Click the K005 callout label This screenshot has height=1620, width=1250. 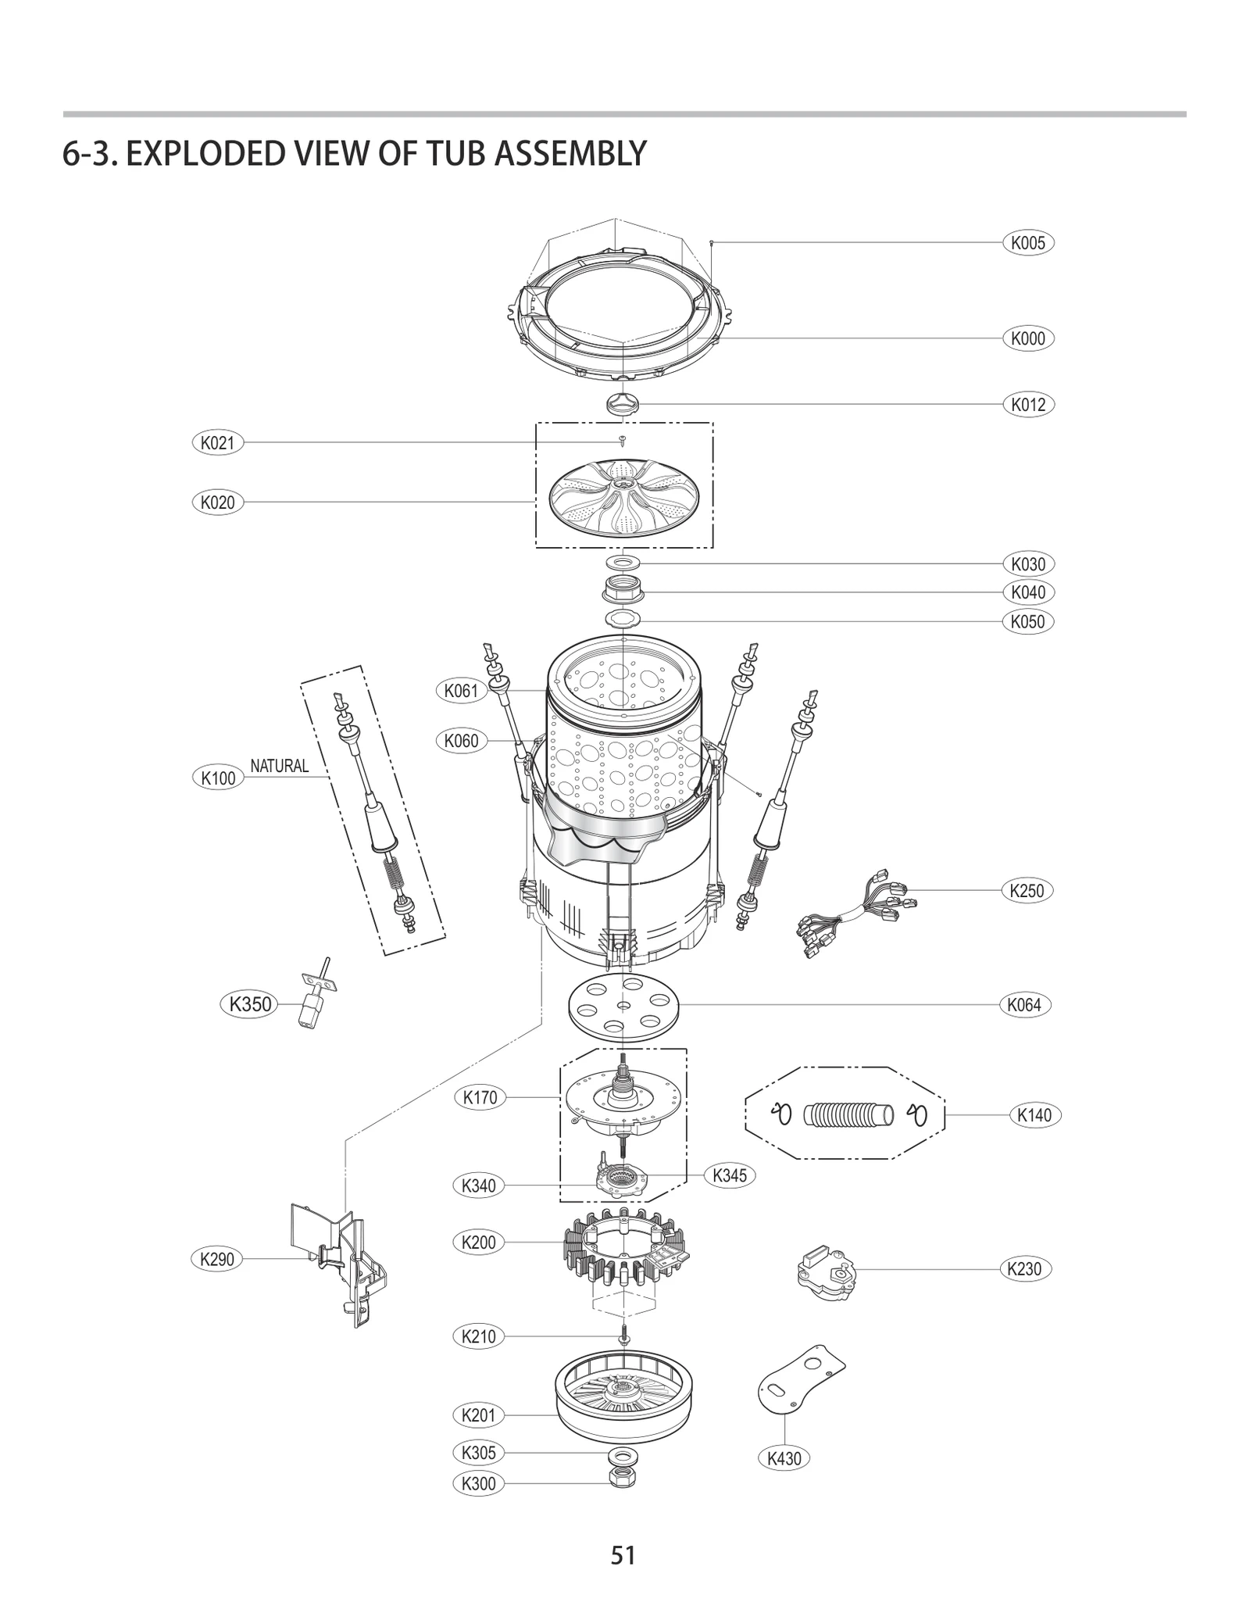click(x=1027, y=243)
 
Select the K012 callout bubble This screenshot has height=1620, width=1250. click(x=1027, y=405)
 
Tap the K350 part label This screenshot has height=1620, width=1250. click(x=249, y=1003)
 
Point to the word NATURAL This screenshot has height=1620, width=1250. click(x=279, y=766)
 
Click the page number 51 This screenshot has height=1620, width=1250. click(x=623, y=1555)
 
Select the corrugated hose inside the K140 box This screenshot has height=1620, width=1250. click(x=848, y=1115)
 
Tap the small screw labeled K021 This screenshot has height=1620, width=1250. click(x=623, y=441)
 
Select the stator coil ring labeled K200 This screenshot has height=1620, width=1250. click(x=623, y=1256)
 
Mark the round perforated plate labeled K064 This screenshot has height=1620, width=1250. click(x=623, y=1006)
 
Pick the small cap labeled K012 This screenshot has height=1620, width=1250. click(x=623, y=404)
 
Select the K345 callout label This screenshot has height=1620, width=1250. click(x=729, y=1175)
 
